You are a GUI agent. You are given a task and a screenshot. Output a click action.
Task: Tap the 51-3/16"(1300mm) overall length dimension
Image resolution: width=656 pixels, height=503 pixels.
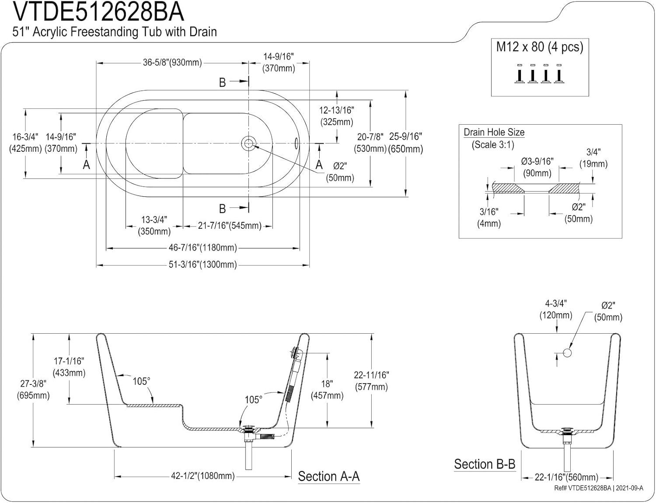202,265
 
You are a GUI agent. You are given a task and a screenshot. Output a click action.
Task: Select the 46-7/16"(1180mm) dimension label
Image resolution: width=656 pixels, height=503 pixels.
202,248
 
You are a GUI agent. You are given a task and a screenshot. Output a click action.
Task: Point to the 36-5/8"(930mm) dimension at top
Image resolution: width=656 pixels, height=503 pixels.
172,63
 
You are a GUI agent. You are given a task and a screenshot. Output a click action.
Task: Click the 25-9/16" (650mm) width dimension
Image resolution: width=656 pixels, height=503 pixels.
405,143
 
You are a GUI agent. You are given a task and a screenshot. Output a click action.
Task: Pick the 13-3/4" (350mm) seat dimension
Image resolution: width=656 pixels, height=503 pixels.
154,226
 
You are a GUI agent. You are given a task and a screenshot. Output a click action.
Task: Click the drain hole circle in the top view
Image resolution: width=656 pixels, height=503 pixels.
248,143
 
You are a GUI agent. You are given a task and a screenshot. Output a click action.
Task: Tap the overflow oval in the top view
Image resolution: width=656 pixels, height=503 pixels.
297,143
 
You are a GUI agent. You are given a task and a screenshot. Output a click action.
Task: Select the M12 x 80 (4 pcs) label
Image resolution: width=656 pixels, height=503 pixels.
540,47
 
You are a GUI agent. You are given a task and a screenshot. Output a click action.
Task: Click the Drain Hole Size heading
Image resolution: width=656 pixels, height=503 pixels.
494,132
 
